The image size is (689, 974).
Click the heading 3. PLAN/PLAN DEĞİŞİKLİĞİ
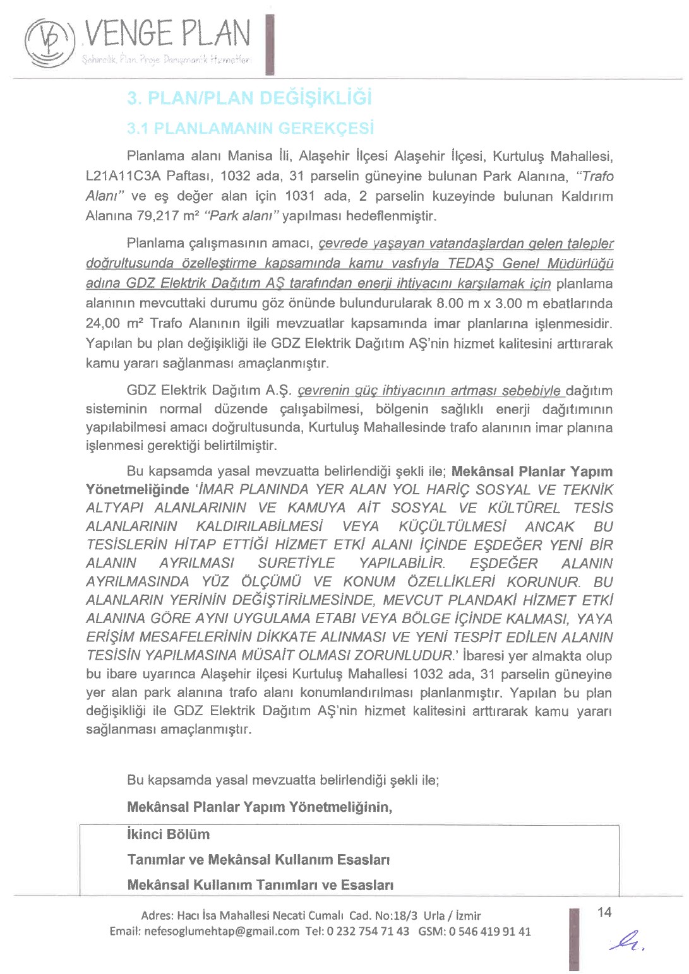click(249, 98)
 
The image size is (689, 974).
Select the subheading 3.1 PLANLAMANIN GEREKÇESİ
click(250, 129)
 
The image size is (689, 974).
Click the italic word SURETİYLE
click(296, 564)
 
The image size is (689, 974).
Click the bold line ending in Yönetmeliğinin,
click(260, 807)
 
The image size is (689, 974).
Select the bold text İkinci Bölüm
click(168, 834)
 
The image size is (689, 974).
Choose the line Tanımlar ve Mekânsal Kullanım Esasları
click(258, 860)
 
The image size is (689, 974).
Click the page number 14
click(604, 913)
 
